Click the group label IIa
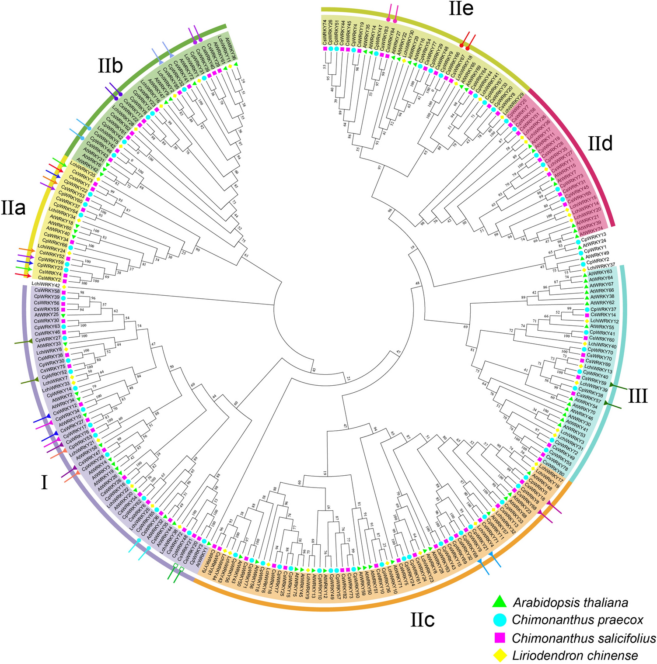[13, 208]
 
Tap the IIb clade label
[110, 66]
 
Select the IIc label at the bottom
[422, 620]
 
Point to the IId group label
[600, 143]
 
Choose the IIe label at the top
[461, 9]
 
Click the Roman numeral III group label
[638, 396]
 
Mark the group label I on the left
[44, 483]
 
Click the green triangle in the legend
[499, 602]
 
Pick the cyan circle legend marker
[499, 619]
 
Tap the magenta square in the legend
[499, 637]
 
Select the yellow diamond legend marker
[499, 655]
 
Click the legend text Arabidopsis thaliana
[570, 603]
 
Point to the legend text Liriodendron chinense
[575, 655]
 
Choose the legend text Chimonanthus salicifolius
[584, 638]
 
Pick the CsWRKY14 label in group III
[603, 315]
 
